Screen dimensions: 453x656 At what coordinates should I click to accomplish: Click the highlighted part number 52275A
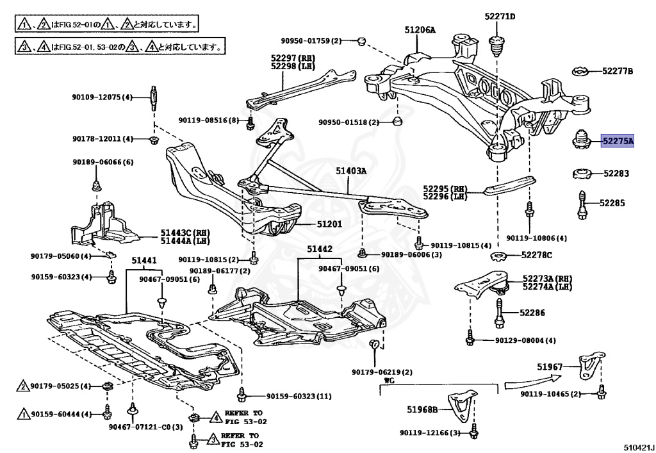(x=617, y=141)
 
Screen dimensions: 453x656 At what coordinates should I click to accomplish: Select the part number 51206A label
(x=420, y=29)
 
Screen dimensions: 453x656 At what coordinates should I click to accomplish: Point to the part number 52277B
(x=617, y=70)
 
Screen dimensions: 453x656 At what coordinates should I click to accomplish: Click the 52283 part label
(x=616, y=173)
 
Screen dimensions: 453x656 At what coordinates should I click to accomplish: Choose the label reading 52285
(x=612, y=203)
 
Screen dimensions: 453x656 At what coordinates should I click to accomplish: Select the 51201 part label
(x=329, y=224)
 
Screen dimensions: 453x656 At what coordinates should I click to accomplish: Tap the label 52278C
(x=536, y=255)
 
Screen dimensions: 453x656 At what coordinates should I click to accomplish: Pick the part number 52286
(x=532, y=313)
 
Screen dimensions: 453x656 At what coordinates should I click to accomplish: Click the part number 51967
(x=550, y=367)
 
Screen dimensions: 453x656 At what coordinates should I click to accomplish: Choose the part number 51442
(x=319, y=249)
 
